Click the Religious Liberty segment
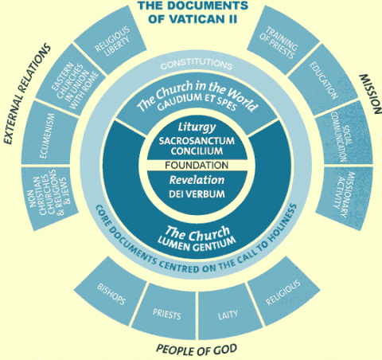(x=111, y=41)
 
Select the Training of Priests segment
(x=283, y=41)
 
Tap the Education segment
(x=323, y=80)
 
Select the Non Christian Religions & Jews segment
(x=49, y=198)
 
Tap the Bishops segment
(x=111, y=292)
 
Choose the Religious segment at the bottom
(x=283, y=292)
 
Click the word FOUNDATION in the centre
(x=197, y=165)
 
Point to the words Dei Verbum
(x=197, y=194)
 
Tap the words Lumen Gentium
(x=197, y=244)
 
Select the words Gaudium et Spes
(x=197, y=102)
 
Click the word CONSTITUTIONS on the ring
(x=197, y=64)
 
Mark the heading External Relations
(x=27, y=93)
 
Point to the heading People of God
(x=197, y=350)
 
